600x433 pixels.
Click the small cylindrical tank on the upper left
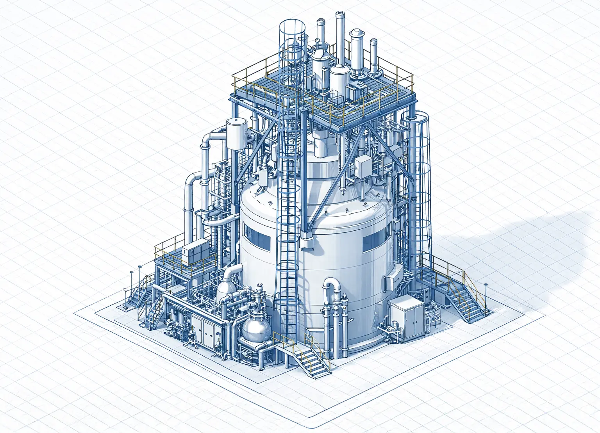[x=237, y=133]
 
